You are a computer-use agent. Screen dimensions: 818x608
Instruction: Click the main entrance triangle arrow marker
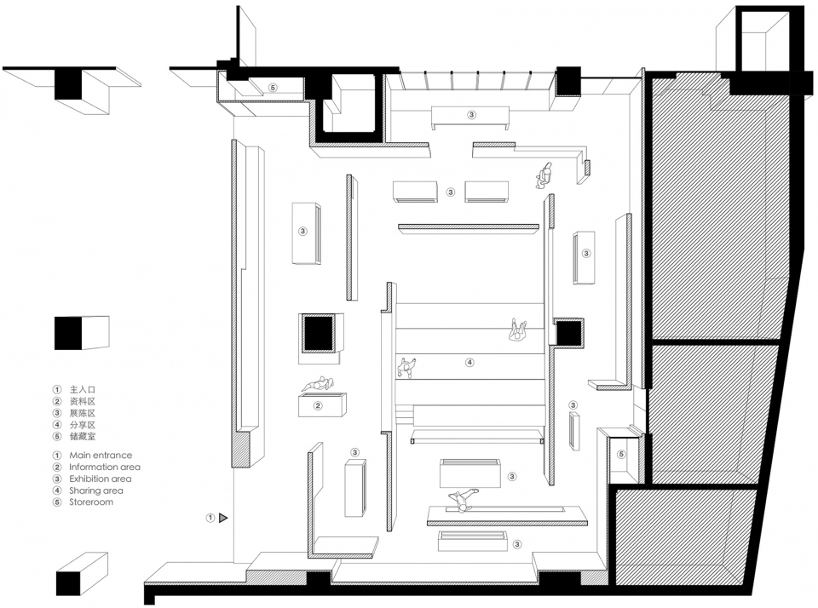click(223, 518)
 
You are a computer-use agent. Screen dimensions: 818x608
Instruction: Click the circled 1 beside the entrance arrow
click(210, 518)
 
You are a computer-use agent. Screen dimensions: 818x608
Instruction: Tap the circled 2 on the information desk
click(318, 405)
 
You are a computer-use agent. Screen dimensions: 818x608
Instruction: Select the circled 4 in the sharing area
click(469, 362)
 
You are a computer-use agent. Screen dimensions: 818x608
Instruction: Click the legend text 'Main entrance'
click(101, 456)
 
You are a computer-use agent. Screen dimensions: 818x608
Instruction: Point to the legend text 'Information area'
click(104, 467)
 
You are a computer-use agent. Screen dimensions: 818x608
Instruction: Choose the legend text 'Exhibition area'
click(101, 479)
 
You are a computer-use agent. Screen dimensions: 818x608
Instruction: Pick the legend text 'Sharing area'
click(96, 490)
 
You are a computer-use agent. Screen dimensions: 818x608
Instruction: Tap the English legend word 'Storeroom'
click(91, 502)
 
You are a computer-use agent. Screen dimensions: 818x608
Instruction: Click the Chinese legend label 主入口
click(83, 389)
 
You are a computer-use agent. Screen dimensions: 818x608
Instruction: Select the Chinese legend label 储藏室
click(83, 437)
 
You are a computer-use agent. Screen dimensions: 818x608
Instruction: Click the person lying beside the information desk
click(317, 384)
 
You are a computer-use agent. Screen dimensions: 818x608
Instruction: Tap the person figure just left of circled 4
click(406, 367)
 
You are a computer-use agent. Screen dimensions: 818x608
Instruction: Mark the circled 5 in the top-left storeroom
click(273, 88)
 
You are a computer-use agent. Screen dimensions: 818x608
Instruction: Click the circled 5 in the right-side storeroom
click(621, 454)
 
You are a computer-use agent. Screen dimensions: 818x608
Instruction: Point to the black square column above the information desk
click(317, 333)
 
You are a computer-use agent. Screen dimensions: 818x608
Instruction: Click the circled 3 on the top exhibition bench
click(471, 115)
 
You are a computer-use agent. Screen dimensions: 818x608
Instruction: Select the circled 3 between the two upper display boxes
click(451, 192)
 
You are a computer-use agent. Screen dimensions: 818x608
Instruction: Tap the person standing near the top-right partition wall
click(544, 175)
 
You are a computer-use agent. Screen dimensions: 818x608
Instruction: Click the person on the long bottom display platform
click(462, 500)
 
